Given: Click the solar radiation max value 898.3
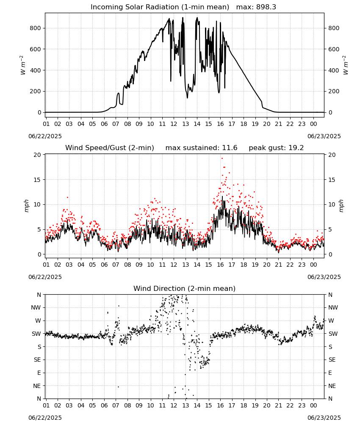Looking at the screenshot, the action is coord(266,7).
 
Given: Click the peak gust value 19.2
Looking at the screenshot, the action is coord(296,148).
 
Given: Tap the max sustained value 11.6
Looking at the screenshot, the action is coord(230,148).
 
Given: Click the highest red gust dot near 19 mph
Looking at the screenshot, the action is coord(222,159).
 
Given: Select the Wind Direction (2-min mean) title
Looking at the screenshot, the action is coord(185,288).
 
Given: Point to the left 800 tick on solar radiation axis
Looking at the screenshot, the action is coord(36,28).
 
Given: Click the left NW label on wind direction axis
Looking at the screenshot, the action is coord(36,307).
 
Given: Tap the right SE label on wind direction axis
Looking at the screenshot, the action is coord(332,360).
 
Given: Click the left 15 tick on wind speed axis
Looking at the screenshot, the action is coord(37,180).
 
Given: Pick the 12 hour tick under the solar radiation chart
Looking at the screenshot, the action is coord(174,124).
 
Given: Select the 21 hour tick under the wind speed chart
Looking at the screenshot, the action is coord(278,265).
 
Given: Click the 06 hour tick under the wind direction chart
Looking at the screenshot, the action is coord(104,405).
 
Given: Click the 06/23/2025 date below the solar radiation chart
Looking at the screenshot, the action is coord(324,136).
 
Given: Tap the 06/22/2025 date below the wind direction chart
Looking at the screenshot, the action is coord(45,418).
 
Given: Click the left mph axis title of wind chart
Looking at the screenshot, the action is coord(26,206).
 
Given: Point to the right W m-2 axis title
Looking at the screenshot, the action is coord(346,65).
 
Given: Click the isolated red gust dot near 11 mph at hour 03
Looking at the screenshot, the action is coord(67,198).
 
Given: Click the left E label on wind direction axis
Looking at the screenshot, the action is coord(39,373).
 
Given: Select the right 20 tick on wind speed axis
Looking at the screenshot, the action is coord(332,155).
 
